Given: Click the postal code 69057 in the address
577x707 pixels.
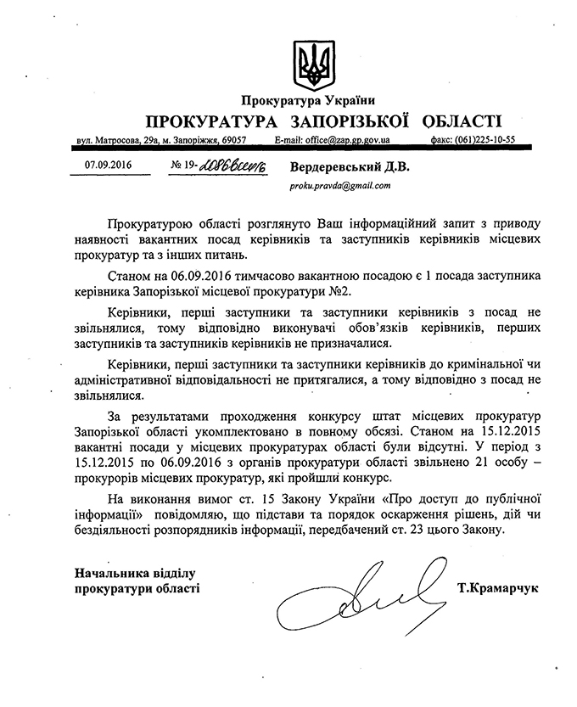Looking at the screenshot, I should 230,139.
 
